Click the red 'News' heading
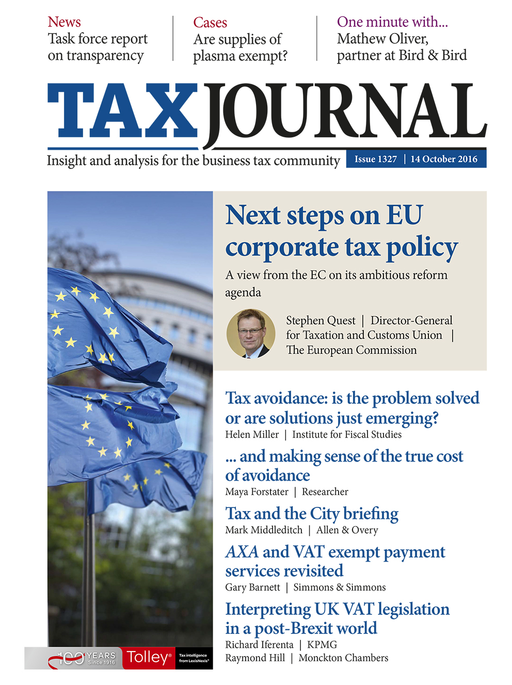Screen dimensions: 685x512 pos(64,22)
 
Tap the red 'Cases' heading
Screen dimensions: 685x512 pos(210,23)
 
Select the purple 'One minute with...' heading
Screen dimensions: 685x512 pos(392,22)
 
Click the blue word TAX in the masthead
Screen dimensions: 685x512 pos(123,111)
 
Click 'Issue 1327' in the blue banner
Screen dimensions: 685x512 pos(375,159)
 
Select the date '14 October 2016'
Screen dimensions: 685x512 pos(444,159)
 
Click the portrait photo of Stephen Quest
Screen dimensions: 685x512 pos(251,333)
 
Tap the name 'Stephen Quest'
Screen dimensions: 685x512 pos(321,321)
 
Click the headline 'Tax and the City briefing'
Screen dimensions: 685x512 pos(312,514)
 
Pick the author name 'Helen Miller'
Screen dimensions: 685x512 pos(252,435)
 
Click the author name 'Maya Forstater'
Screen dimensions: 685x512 pos(257,492)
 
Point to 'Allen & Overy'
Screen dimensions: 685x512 pos(347,530)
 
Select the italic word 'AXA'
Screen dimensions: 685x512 pos(242,552)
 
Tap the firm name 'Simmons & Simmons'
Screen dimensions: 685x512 pos(339,587)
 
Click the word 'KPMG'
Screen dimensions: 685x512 pos(322,645)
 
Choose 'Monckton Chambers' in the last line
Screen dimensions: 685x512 pos(343,658)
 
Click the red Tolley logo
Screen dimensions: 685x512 pos(149,658)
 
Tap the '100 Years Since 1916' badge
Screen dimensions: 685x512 pos(83,658)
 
